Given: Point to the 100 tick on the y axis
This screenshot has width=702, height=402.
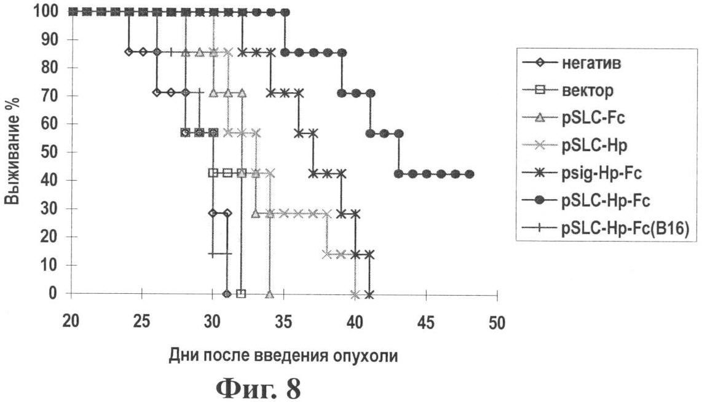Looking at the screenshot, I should (x=47, y=11).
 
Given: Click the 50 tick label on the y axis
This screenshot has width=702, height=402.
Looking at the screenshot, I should (x=50, y=152).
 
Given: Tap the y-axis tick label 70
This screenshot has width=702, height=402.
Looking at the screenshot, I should (x=50, y=96).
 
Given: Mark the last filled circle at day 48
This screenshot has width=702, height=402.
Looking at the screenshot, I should (x=470, y=174).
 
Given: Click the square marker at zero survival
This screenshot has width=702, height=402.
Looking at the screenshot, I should (x=241, y=293).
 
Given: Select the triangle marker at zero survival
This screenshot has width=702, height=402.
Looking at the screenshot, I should (x=269, y=293).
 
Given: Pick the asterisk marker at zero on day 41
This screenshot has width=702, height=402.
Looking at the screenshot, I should (x=369, y=293).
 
